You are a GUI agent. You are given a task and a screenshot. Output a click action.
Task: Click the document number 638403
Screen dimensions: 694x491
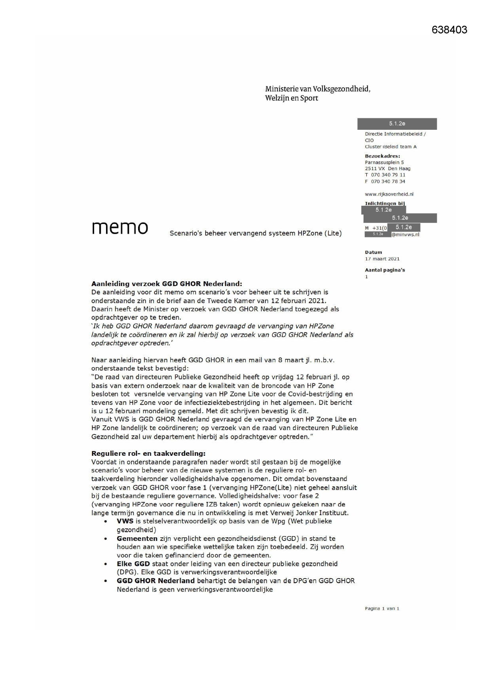[x=449, y=30]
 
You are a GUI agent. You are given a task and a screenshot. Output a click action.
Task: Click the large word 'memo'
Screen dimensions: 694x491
[x=120, y=228]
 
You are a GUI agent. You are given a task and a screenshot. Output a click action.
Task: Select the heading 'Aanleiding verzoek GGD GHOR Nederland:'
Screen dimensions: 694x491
[x=167, y=284]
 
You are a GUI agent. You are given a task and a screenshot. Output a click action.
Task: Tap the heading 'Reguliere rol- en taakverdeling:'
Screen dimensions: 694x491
[x=148, y=453]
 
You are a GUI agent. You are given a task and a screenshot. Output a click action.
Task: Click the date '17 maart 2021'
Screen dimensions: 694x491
[x=382, y=259]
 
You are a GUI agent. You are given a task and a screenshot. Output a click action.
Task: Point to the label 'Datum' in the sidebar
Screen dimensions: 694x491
[x=373, y=252]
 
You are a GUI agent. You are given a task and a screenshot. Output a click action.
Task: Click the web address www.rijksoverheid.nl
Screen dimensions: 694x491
[x=389, y=194]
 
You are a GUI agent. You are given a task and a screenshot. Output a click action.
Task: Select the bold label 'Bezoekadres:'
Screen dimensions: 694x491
[x=382, y=156]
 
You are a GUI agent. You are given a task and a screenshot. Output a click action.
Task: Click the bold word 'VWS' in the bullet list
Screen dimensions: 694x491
[x=125, y=521]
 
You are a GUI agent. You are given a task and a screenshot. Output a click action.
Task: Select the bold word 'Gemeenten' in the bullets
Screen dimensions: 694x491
[x=137, y=539]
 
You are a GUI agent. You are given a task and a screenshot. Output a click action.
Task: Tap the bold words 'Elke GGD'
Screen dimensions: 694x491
[x=133, y=564]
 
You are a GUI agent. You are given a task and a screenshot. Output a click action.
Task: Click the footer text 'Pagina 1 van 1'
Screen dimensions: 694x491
[x=382, y=609]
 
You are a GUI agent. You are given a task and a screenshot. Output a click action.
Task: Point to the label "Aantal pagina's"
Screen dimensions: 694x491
[x=385, y=270]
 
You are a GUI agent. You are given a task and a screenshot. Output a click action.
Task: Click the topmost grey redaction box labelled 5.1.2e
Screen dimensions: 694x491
[x=397, y=124]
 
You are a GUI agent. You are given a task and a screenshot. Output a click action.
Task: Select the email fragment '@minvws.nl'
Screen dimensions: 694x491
[x=405, y=235]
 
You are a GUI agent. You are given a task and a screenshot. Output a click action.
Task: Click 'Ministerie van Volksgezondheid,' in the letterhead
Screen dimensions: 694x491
[x=318, y=89]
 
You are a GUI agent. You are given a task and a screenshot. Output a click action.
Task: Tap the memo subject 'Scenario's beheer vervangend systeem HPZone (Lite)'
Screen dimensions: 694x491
[x=256, y=233]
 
